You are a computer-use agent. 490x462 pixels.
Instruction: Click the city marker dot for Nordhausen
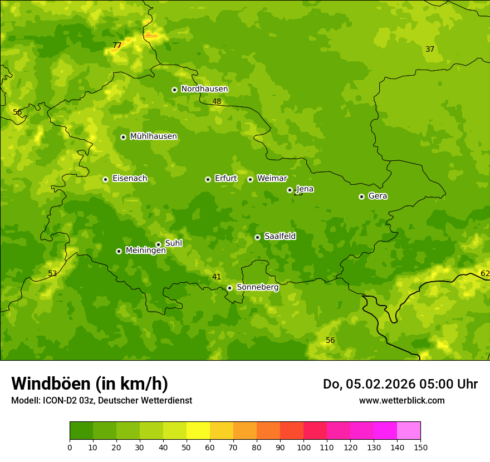tap(174, 90)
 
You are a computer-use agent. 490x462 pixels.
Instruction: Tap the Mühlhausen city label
tap(153, 136)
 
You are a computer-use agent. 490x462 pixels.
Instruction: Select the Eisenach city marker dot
tap(105, 179)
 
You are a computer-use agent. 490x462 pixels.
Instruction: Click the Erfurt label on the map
tap(226, 179)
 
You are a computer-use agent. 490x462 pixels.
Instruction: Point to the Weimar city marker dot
tap(250, 179)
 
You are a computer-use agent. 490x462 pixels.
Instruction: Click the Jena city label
tap(305, 189)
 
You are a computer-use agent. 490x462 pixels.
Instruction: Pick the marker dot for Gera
tap(361, 196)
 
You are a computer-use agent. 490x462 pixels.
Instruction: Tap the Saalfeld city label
tap(280, 237)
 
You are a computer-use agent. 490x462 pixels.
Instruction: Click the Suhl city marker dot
tap(158, 244)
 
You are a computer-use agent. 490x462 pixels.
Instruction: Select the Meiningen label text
tap(145, 251)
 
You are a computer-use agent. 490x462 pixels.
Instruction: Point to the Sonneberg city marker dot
tap(229, 288)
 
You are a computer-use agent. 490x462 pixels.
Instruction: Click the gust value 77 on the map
tap(117, 46)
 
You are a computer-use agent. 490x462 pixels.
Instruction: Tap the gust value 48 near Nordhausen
tap(217, 102)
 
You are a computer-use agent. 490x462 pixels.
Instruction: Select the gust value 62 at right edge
tap(485, 273)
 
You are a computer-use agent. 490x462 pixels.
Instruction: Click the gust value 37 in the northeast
tap(430, 50)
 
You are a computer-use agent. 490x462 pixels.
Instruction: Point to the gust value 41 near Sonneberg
tap(217, 277)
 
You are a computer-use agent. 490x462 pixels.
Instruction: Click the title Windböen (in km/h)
tap(90, 384)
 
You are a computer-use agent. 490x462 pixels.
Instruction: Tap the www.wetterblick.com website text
tap(401, 401)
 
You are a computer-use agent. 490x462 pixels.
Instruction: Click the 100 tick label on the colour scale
tap(303, 448)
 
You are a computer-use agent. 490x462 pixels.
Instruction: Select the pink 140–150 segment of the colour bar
tap(409, 431)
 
